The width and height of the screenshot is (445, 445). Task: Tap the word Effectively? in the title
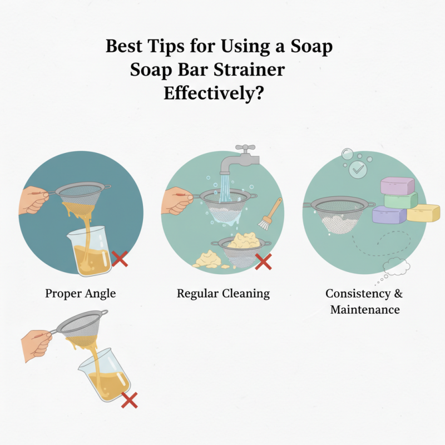coord(213,93)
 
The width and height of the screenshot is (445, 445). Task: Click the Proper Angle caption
coord(81,293)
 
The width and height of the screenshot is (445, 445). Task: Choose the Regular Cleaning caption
coord(223,293)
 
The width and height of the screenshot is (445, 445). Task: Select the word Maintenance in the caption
coord(365,309)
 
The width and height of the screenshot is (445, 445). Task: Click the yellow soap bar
coord(423,212)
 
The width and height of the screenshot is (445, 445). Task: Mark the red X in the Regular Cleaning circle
coord(263,261)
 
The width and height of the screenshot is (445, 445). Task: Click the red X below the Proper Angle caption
coord(129,399)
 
